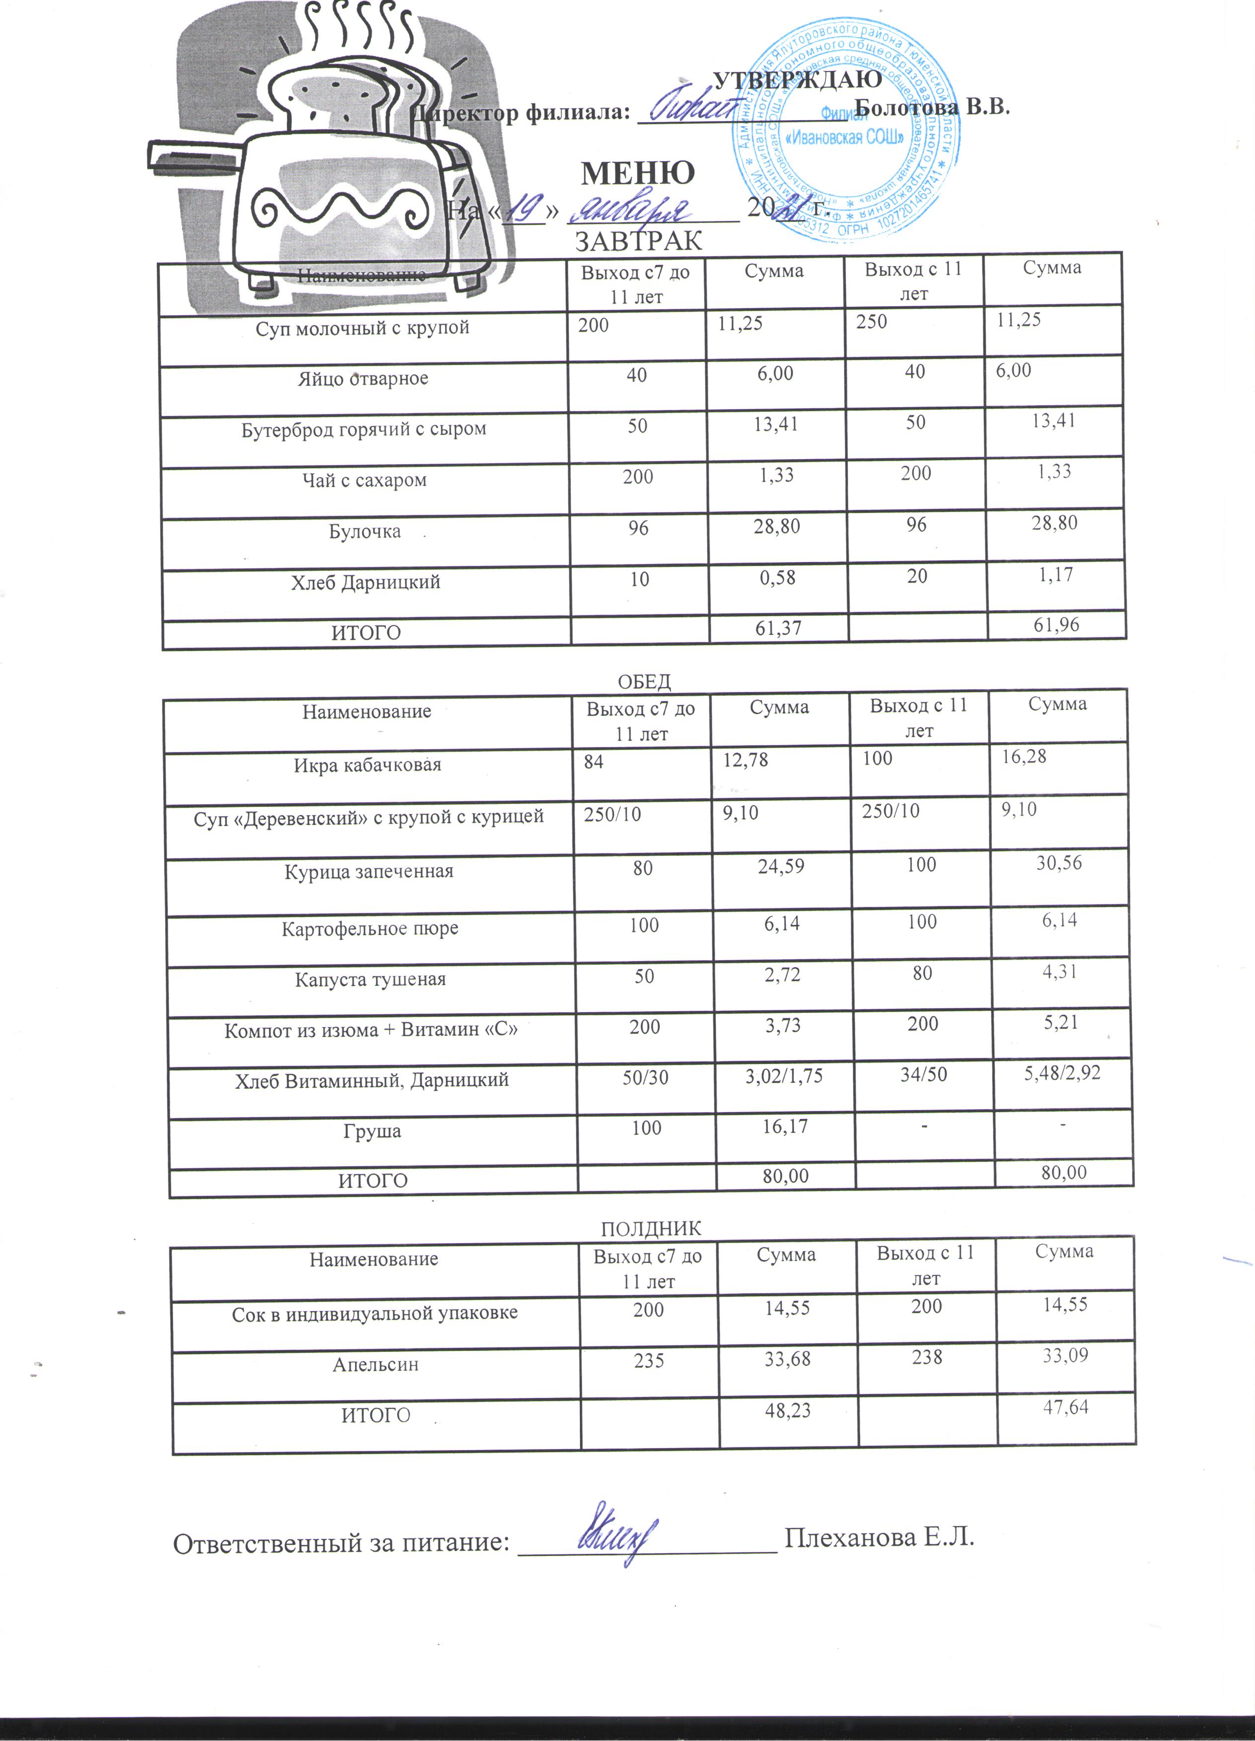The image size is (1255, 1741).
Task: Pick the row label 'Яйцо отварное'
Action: [363, 378]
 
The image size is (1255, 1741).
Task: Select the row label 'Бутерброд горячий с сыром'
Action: [364, 429]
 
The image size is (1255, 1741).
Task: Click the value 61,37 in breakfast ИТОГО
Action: [778, 628]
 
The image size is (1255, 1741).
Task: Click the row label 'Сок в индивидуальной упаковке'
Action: [375, 1314]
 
